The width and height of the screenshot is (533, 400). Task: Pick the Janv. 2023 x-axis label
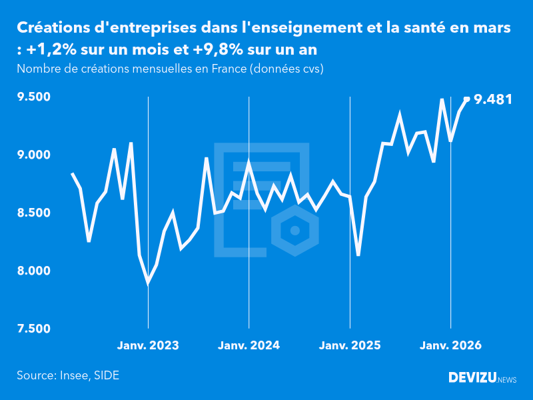point(148,345)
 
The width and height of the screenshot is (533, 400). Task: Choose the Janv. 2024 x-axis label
point(249,345)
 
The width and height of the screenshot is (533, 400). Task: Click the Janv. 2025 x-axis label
point(350,345)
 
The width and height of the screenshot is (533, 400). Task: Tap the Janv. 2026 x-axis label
point(450,345)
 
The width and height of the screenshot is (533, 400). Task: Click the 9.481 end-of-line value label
point(493,100)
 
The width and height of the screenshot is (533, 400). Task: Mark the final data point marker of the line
point(466,99)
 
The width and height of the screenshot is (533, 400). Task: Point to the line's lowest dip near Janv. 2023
point(148,283)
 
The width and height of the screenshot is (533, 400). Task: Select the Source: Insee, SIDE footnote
point(68,375)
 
